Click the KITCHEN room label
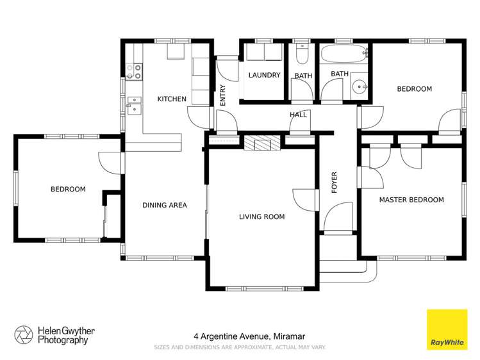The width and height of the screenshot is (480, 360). coord(172,99)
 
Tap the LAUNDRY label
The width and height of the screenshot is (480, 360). coord(264,76)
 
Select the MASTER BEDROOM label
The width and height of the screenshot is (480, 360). coord(411,200)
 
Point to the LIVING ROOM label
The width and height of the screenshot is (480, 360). coord(261,217)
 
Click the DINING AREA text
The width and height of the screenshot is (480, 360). coord(164,206)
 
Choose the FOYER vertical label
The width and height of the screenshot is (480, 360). coord(334,183)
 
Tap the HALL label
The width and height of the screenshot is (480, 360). coord(298,115)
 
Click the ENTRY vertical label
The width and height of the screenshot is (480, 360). coord(223,95)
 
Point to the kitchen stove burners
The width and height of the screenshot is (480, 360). coord(133,71)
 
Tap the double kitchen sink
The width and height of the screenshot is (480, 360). coord(135,104)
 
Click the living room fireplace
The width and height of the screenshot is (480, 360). coord(261,143)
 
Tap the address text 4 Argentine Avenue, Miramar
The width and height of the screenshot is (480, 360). coord(240,336)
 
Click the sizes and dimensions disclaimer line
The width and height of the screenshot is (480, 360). coord(240,347)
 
